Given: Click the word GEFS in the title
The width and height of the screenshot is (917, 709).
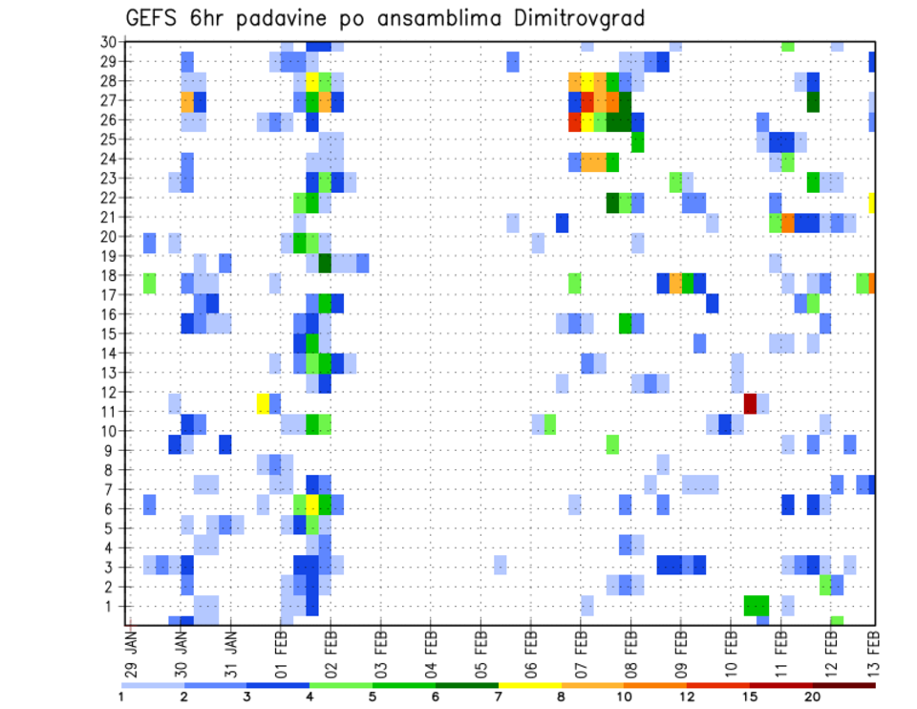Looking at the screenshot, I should (156, 18).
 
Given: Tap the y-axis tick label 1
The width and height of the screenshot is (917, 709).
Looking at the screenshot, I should (112, 606).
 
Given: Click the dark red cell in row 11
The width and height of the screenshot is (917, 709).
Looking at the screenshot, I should (750, 402).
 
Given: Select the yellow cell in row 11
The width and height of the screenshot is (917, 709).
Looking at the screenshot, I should (263, 402).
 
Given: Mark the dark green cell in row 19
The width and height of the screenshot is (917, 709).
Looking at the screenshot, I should (325, 263).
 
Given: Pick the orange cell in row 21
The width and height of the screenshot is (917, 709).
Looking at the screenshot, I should (788, 223).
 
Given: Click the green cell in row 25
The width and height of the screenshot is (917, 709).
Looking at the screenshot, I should (637, 142).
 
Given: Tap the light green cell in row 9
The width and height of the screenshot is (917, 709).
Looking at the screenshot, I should (612, 444).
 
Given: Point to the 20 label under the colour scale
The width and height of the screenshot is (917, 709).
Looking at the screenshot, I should (813, 697).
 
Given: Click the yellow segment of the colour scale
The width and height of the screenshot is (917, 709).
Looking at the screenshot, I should (530, 685).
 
